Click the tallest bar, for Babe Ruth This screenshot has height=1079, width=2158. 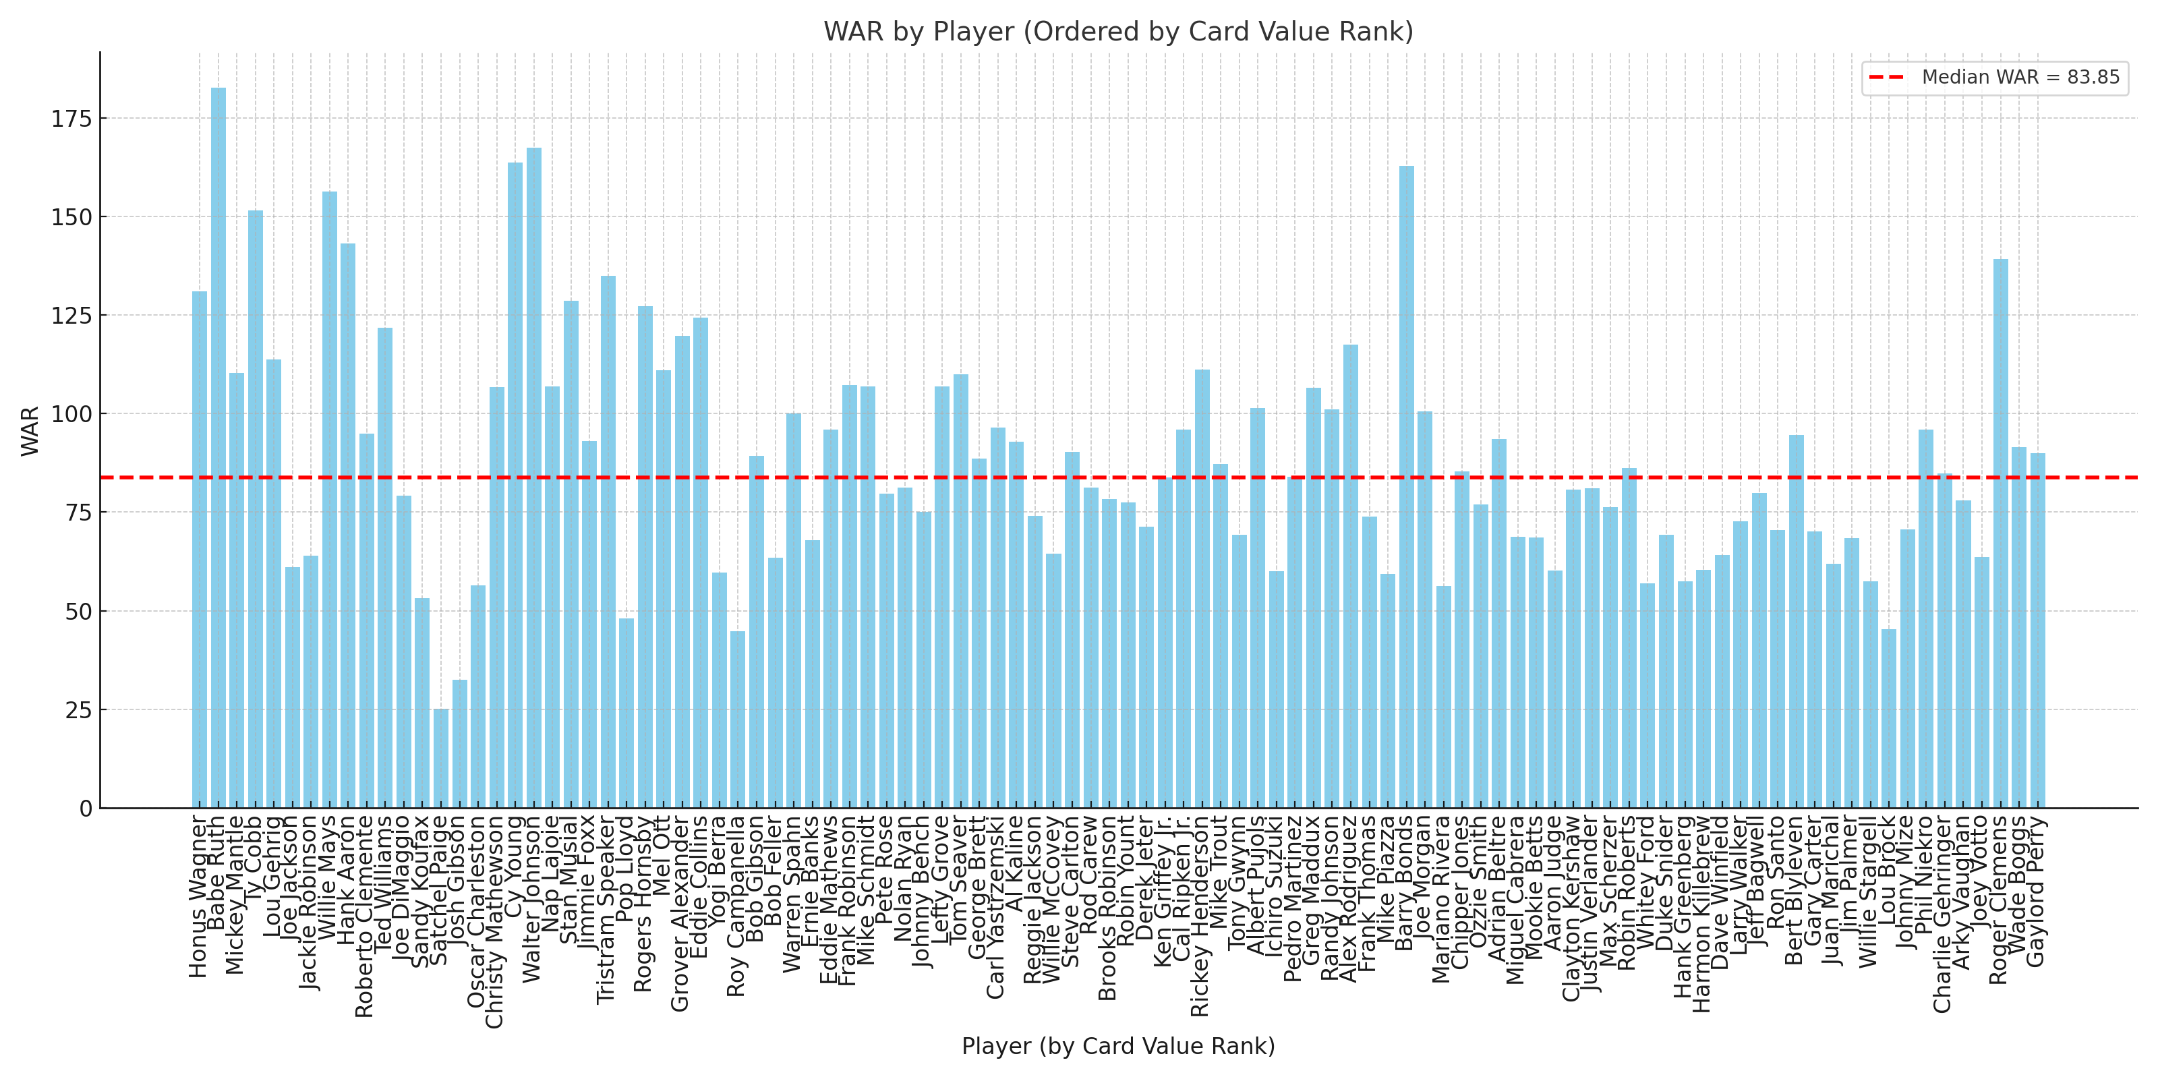coord(218,448)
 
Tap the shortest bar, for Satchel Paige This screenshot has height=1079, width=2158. coord(440,758)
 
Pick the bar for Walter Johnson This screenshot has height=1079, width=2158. coord(533,477)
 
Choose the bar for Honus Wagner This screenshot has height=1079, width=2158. coord(200,550)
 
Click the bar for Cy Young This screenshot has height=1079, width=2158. coord(515,485)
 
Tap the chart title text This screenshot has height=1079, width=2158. coord(1118,32)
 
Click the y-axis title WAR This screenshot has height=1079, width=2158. coord(30,431)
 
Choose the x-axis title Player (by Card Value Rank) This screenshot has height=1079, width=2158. coord(1118,1047)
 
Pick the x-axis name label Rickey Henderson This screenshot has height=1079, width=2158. coord(1200,916)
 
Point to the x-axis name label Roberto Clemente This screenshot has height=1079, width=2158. coord(364,917)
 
